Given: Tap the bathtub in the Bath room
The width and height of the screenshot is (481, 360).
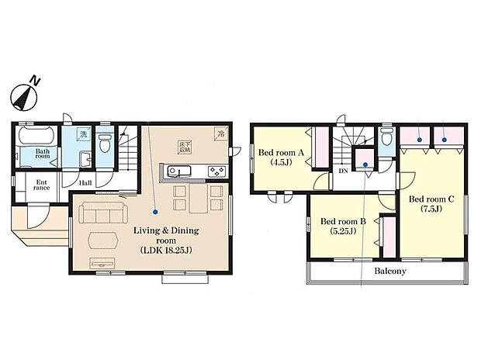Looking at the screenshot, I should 34,136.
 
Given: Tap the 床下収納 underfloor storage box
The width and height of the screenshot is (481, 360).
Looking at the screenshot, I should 186,145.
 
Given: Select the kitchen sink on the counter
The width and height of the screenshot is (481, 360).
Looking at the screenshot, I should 179,171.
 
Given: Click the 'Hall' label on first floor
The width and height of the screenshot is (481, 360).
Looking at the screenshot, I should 87,185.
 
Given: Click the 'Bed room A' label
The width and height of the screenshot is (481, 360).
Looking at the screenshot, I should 277,153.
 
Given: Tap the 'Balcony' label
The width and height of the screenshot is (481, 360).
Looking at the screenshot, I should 391,272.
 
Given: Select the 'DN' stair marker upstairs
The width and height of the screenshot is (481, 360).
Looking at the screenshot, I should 342,171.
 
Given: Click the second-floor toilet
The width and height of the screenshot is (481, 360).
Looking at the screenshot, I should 362,164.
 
